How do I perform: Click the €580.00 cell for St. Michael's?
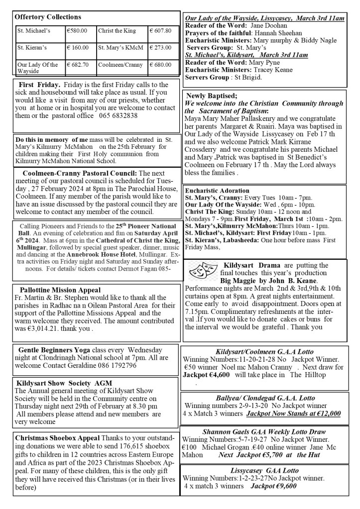[77, 31]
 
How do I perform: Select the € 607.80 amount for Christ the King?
[160, 31]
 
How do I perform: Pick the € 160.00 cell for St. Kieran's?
[78, 48]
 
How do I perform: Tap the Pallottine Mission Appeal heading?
[60, 290]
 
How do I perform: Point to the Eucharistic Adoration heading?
[217, 190]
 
